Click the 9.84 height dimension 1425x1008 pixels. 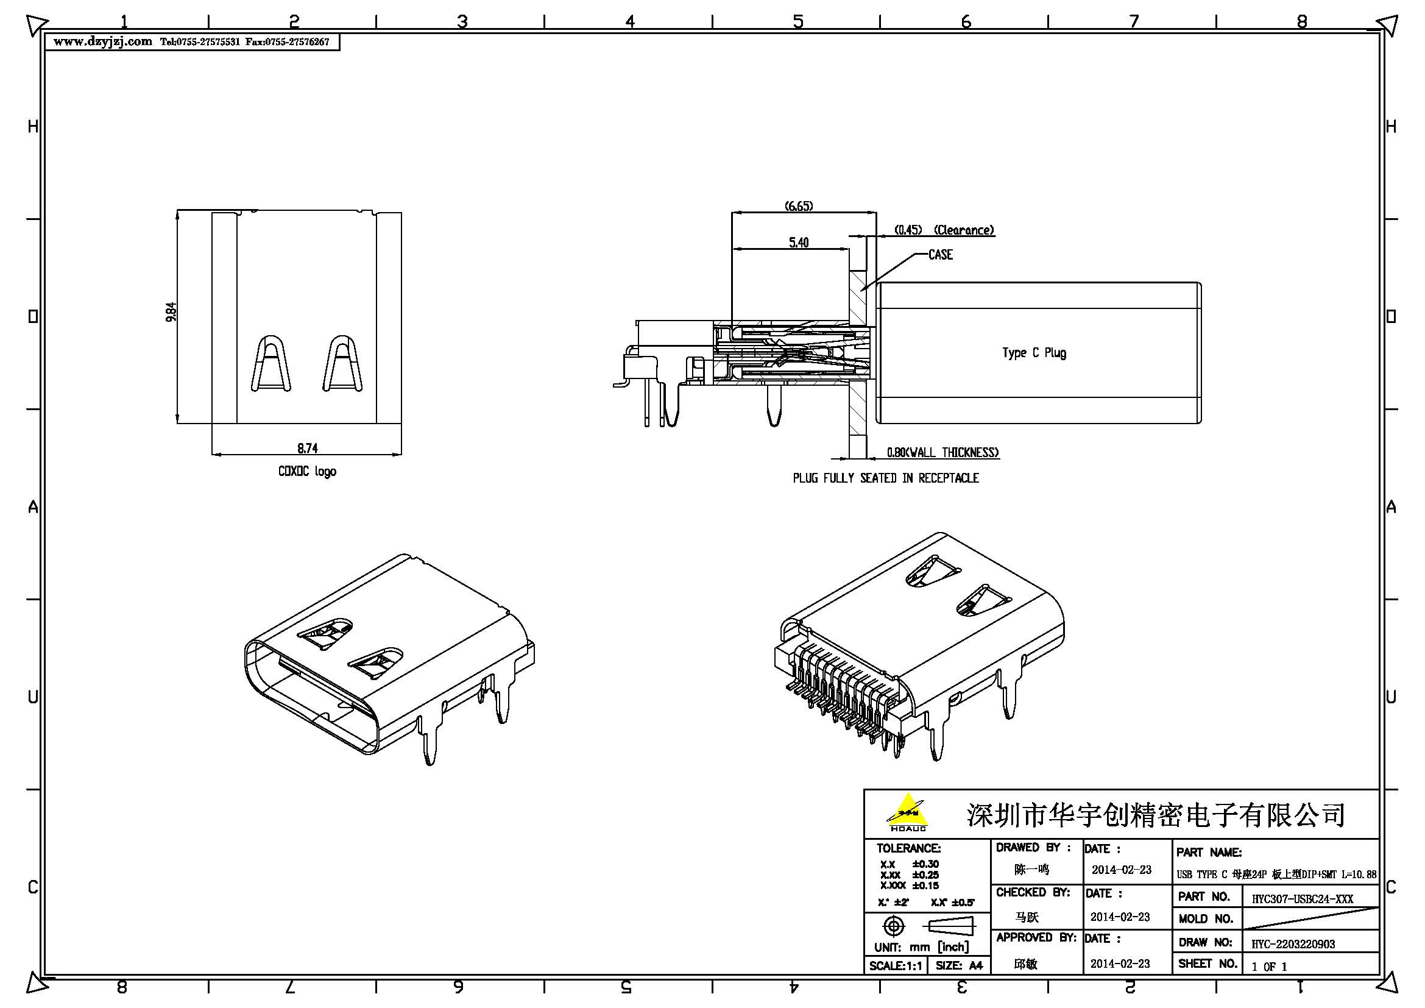171,311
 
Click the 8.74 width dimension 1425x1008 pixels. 307,447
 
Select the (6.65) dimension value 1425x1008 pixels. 799,205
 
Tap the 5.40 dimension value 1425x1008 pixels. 799,242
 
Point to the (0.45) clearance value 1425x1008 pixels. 908,230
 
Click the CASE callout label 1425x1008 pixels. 940,255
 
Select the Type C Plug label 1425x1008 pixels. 1034,352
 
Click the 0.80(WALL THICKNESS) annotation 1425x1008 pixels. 942,452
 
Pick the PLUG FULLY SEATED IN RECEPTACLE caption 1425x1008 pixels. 886,478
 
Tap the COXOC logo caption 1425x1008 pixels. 307,471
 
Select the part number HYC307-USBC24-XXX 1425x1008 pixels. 1302,898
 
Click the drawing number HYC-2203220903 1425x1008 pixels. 1293,943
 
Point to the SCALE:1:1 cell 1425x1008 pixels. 895,966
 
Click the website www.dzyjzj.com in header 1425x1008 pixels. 102,41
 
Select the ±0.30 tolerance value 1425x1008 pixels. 925,864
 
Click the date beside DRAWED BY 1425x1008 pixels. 1121,870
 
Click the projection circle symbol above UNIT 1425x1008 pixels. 893,927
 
